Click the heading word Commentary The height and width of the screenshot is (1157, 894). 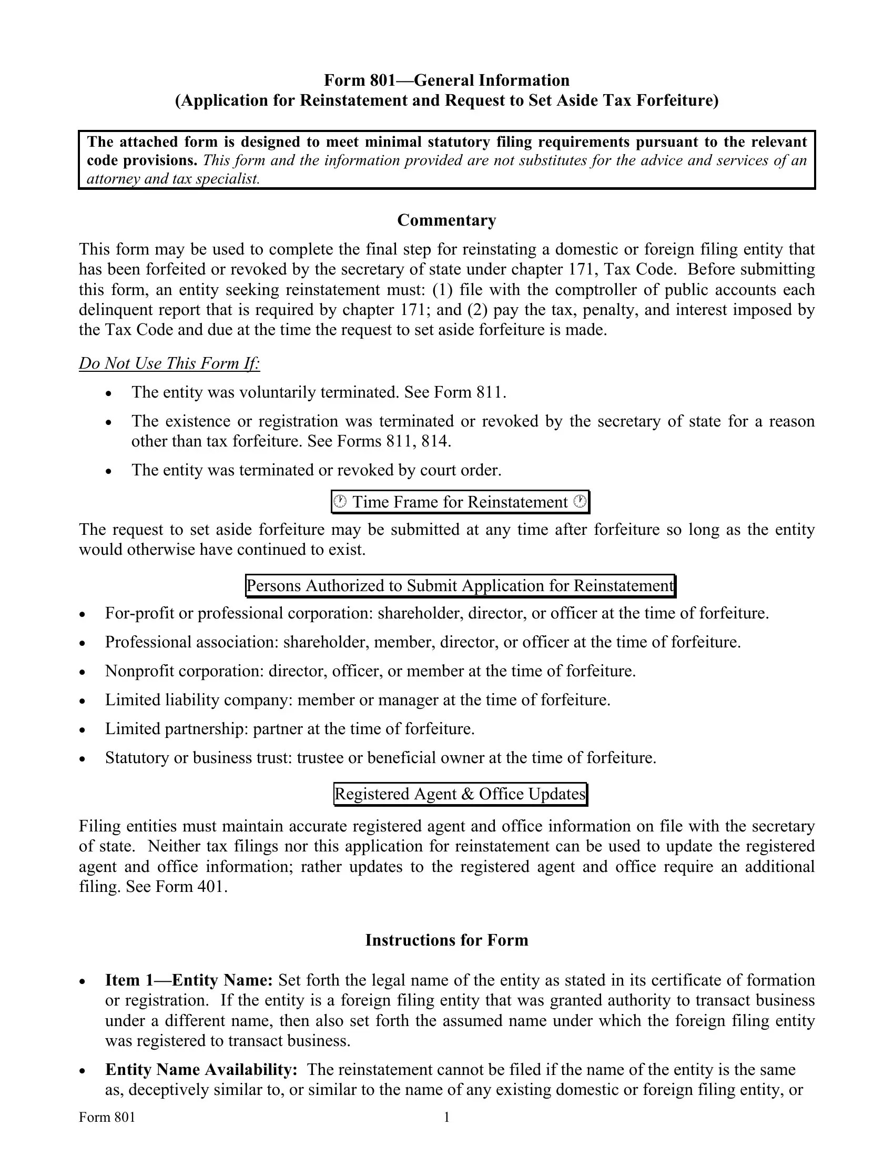[446, 220]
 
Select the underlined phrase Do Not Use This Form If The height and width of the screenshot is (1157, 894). [169, 363]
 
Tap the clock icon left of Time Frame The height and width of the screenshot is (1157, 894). [340, 501]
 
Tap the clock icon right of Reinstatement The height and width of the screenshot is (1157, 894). [581, 501]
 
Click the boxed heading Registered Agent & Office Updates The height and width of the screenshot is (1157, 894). [460, 794]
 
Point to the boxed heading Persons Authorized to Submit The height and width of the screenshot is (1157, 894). [460, 585]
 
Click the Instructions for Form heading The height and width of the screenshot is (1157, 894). [446, 940]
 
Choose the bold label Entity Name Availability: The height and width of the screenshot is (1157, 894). [201, 1069]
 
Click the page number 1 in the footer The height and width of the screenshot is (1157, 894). [446, 1117]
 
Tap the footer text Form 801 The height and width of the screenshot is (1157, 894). [107, 1117]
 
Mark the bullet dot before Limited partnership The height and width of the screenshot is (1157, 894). [82, 730]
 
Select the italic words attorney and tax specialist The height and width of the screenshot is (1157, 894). [172, 179]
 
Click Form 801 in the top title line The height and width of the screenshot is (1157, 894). [360, 80]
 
